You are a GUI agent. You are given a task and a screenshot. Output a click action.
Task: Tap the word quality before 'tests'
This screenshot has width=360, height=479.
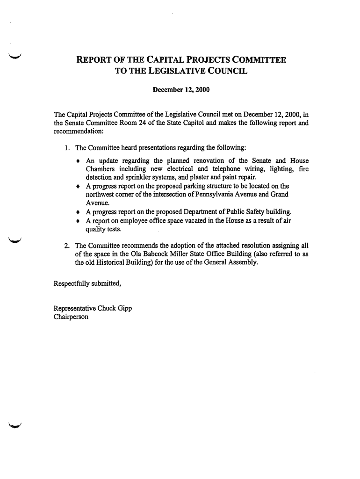[96, 229]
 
